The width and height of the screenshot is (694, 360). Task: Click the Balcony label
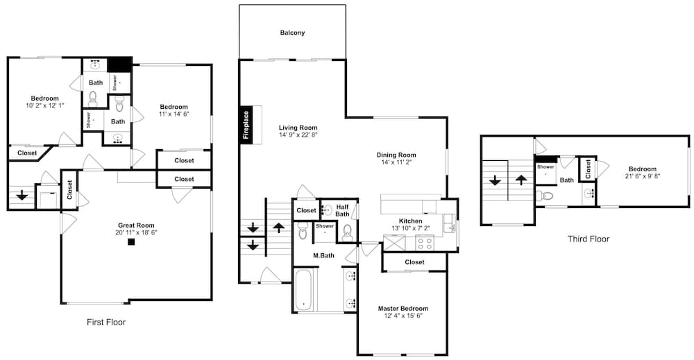[292, 33]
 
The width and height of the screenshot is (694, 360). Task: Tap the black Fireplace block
[246, 124]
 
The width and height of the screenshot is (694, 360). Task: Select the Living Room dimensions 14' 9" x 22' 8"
[298, 135]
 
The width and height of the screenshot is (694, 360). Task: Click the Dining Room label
[396, 155]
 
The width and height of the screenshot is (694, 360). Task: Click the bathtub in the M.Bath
[305, 289]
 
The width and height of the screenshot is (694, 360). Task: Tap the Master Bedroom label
[403, 308]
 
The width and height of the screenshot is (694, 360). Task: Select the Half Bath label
[342, 210]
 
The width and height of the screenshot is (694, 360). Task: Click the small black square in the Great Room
[131, 241]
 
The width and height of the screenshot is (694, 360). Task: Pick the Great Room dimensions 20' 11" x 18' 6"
[136, 232]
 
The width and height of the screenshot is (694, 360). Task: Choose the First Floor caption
[106, 323]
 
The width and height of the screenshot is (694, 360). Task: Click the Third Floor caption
[589, 239]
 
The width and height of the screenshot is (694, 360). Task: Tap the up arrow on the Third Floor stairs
[521, 180]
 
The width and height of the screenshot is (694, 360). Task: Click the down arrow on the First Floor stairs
[22, 195]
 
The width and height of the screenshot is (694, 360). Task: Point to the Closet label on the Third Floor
[588, 169]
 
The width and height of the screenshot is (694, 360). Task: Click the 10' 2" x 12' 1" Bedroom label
[44, 98]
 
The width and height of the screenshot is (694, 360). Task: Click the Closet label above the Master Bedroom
[414, 262]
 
